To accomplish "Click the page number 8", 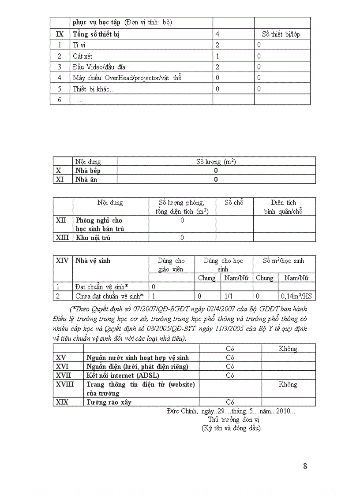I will point(305,466).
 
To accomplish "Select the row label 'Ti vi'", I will point(78,45).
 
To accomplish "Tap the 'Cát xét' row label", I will point(82,56).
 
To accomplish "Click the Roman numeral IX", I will point(60,34).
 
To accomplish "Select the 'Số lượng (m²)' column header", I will point(216,162).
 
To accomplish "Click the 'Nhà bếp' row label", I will point(88,171).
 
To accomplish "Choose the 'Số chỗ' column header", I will point(234,203).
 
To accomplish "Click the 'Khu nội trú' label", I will point(93,238).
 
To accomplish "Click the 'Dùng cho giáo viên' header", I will point(171,264).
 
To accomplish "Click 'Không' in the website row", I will point(288,384).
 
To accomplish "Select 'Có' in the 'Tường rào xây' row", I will point(230,402).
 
